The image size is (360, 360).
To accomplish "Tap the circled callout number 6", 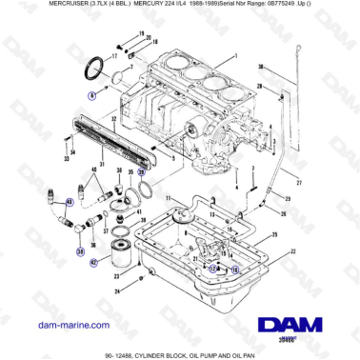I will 92,95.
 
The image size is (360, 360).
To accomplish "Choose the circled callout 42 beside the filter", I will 93,261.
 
